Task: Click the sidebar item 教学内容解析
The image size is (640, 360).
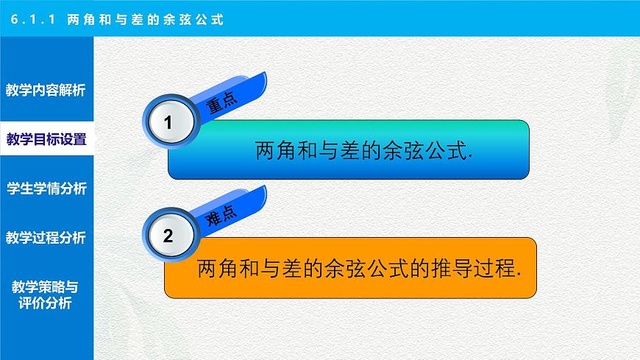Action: (46, 91)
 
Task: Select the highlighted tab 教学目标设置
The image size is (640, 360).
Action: (46, 139)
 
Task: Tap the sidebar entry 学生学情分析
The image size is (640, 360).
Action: (46, 188)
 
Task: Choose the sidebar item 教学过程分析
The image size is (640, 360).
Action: (46, 238)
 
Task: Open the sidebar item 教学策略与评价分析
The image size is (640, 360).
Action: (46, 294)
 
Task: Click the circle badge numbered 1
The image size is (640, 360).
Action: (168, 124)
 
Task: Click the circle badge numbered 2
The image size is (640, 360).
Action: (168, 237)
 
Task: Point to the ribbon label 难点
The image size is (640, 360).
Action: (221, 216)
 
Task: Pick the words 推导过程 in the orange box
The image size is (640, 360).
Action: (474, 269)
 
